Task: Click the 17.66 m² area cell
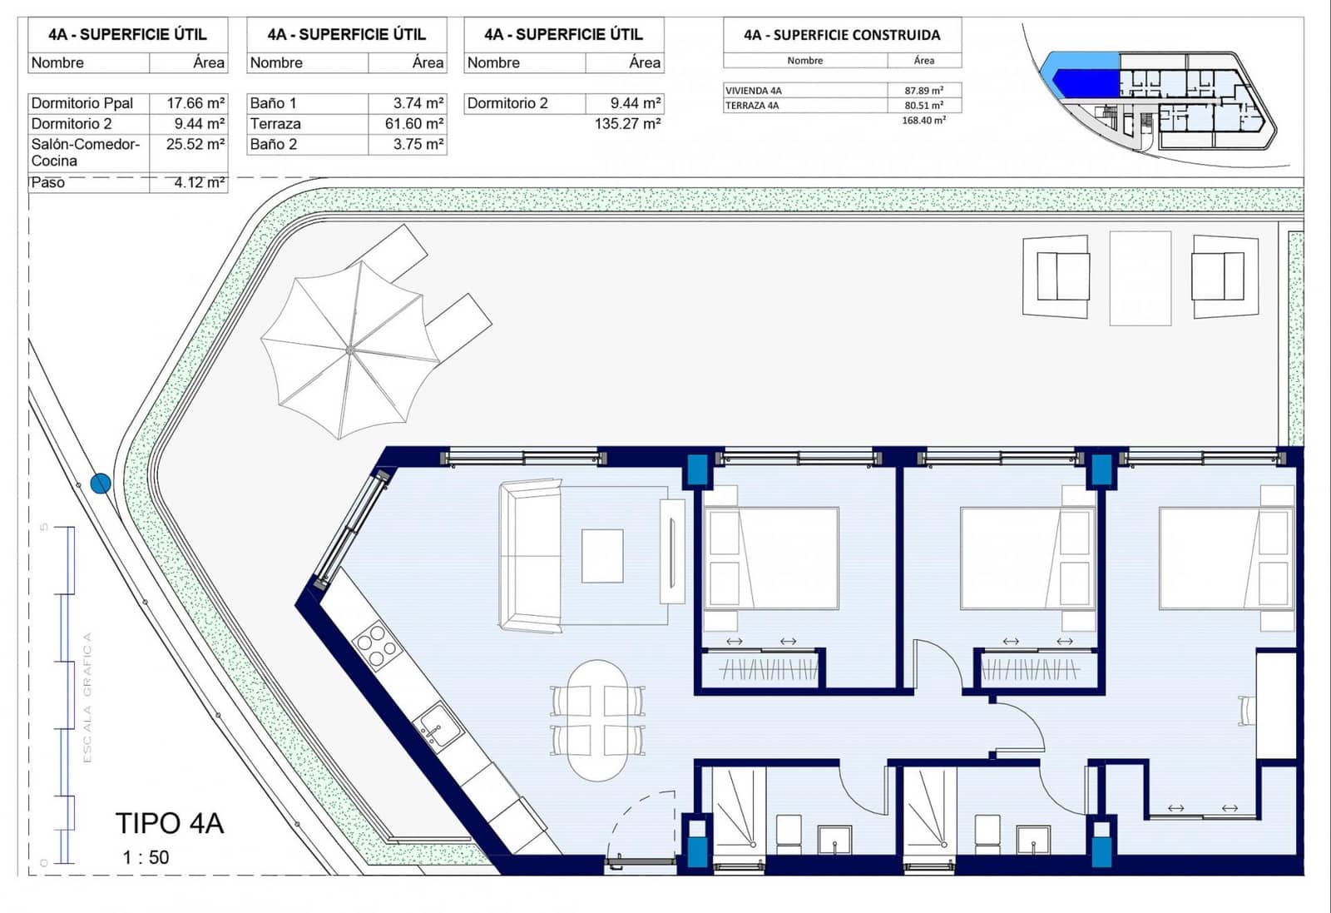pyautogui.click(x=195, y=103)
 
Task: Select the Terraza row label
pyautogui.click(x=275, y=124)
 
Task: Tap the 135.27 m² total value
pyautogui.click(x=627, y=124)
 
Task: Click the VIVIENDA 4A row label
pyautogui.click(x=754, y=91)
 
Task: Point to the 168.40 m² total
pyautogui.click(x=923, y=121)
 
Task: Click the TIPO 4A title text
pyautogui.click(x=170, y=823)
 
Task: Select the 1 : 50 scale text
pyautogui.click(x=146, y=857)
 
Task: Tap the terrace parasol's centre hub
pyautogui.click(x=351, y=350)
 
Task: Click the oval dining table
pyautogui.click(x=597, y=720)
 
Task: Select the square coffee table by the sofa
pyautogui.click(x=602, y=556)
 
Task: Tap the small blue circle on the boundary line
pyautogui.click(x=101, y=484)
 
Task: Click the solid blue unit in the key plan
pyautogui.click(x=1085, y=82)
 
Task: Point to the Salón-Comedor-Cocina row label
pyautogui.click(x=85, y=152)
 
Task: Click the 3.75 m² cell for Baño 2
pyautogui.click(x=418, y=144)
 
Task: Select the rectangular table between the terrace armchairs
pyautogui.click(x=1140, y=278)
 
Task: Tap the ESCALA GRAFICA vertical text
pyautogui.click(x=87, y=697)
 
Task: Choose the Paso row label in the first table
pyautogui.click(x=48, y=183)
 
